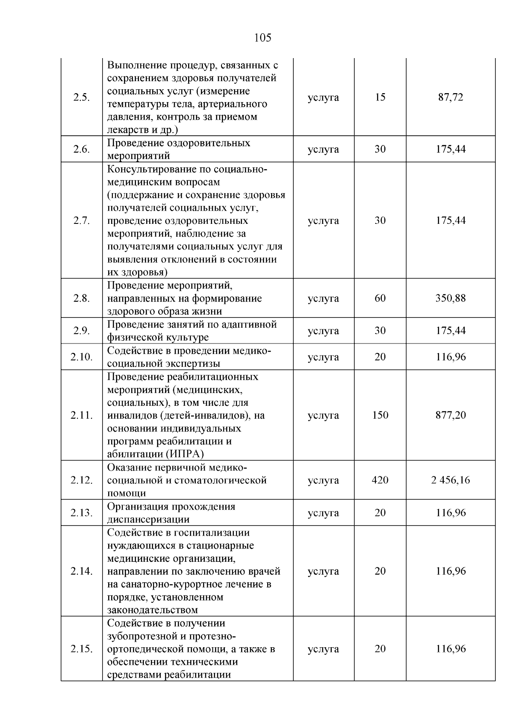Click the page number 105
tap(262, 38)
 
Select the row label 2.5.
tap(81, 97)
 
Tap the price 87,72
tap(451, 97)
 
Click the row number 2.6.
tap(81, 149)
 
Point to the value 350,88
tap(451, 298)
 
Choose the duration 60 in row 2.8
tap(380, 298)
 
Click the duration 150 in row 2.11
tap(380, 415)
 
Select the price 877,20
tap(451, 415)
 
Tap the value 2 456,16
tap(451, 480)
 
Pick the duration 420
tap(380, 480)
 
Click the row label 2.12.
tap(81, 480)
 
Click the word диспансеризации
tap(148, 520)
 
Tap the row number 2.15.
tap(81, 649)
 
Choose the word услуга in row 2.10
tap(323, 357)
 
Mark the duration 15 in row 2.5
tap(380, 97)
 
